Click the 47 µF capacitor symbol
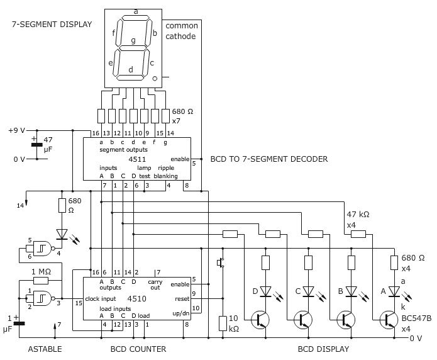pyautogui.click(x=35, y=145)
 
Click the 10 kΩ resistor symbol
pyautogui.click(x=221, y=323)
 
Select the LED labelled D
pyautogui.click(x=265, y=291)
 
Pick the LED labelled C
pyautogui.click(x=308, y=291)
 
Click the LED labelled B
pyautogui.click(x=351, y=291)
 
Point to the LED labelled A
pyautogui.click(x=394, y=291)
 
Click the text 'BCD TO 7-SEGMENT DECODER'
pyautogui.click(x=268, y=159)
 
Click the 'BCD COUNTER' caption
pyautogui.click(x=138, y=349)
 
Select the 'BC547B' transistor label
pyautogui.click(x=416, y=318)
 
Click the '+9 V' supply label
pyautogui.click(x=16, y=130)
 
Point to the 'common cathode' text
pyautogui.click(x=181, y=31)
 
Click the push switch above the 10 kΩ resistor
pyautogui.click(x=220, y=263)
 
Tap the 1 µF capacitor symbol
pyautogui.click(x=18, y=323)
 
